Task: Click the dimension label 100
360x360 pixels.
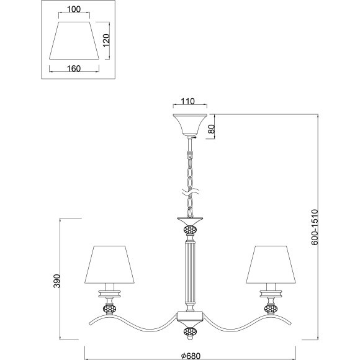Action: pos(74,9)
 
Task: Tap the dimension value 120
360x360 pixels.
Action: pos(106,40)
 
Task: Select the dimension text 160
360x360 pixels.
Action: pos(74,68)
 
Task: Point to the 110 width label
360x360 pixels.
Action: pos(187,101)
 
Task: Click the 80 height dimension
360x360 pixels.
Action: pos(212,129)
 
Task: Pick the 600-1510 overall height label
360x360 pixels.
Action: pos(315,227)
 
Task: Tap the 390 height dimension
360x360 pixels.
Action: pos(56,281)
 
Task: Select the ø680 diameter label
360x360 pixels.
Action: pos(191,356)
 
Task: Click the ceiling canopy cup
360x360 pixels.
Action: pos(190,124)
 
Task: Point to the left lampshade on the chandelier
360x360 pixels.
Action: pos(109,264)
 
